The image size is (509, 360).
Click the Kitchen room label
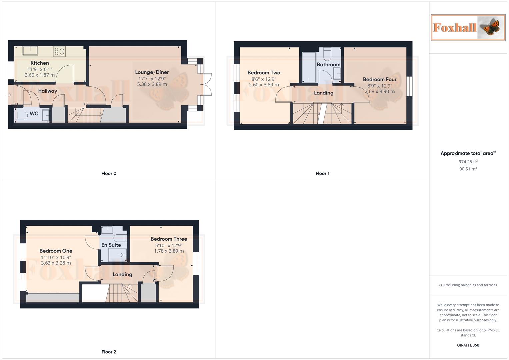point(40,63)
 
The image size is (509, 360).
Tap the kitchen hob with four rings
point(59,51)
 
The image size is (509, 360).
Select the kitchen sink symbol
point(30,51)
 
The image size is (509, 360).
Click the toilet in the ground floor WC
point(21,116)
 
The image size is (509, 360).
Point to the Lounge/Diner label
point(152,72)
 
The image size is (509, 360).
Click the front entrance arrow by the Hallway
point(9,95)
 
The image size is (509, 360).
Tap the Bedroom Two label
point(264,72)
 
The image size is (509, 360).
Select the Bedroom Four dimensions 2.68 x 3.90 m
point(380,91)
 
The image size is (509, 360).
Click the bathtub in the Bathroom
point(309,67)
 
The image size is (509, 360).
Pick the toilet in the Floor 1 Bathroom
point(327,54)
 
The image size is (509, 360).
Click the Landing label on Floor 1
point(323,93)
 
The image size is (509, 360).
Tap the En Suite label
point(111,245)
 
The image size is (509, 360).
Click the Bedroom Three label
point(169,239)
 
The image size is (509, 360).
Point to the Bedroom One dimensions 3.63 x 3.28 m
point(56,263)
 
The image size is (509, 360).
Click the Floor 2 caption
point(109,352)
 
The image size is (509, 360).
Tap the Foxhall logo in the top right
point(468,28)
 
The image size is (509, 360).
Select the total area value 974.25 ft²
point(468,162)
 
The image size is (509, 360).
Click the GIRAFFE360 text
point(468,345)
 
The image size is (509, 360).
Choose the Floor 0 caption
point(109,173)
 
